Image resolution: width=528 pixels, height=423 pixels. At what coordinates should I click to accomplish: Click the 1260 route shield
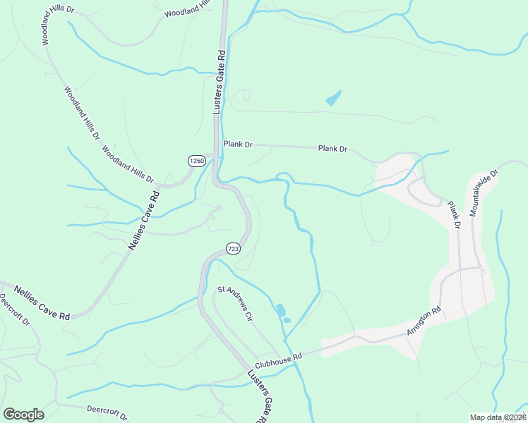pos(197,161)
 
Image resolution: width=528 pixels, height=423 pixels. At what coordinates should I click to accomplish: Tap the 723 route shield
pos(234,248)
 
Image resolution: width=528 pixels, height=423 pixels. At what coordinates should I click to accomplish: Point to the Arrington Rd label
pos(423,321)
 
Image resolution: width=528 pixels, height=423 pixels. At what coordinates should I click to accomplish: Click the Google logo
pos(23,415)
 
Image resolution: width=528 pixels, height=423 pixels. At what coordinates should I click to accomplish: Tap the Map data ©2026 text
pos(498,417)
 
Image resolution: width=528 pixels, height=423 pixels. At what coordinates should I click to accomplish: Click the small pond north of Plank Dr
pos(334,98)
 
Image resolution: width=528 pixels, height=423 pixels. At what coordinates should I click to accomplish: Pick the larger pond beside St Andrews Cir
pos(280,309)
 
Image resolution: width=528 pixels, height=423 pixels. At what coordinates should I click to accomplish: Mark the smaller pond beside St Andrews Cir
pos(286,321)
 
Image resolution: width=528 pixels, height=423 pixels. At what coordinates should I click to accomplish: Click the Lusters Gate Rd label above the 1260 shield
pos(219,82)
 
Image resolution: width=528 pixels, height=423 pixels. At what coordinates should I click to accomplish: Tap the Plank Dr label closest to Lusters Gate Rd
pos(238,144)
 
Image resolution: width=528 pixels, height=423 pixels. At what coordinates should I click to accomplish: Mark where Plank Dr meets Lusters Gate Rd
pos(217,143)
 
